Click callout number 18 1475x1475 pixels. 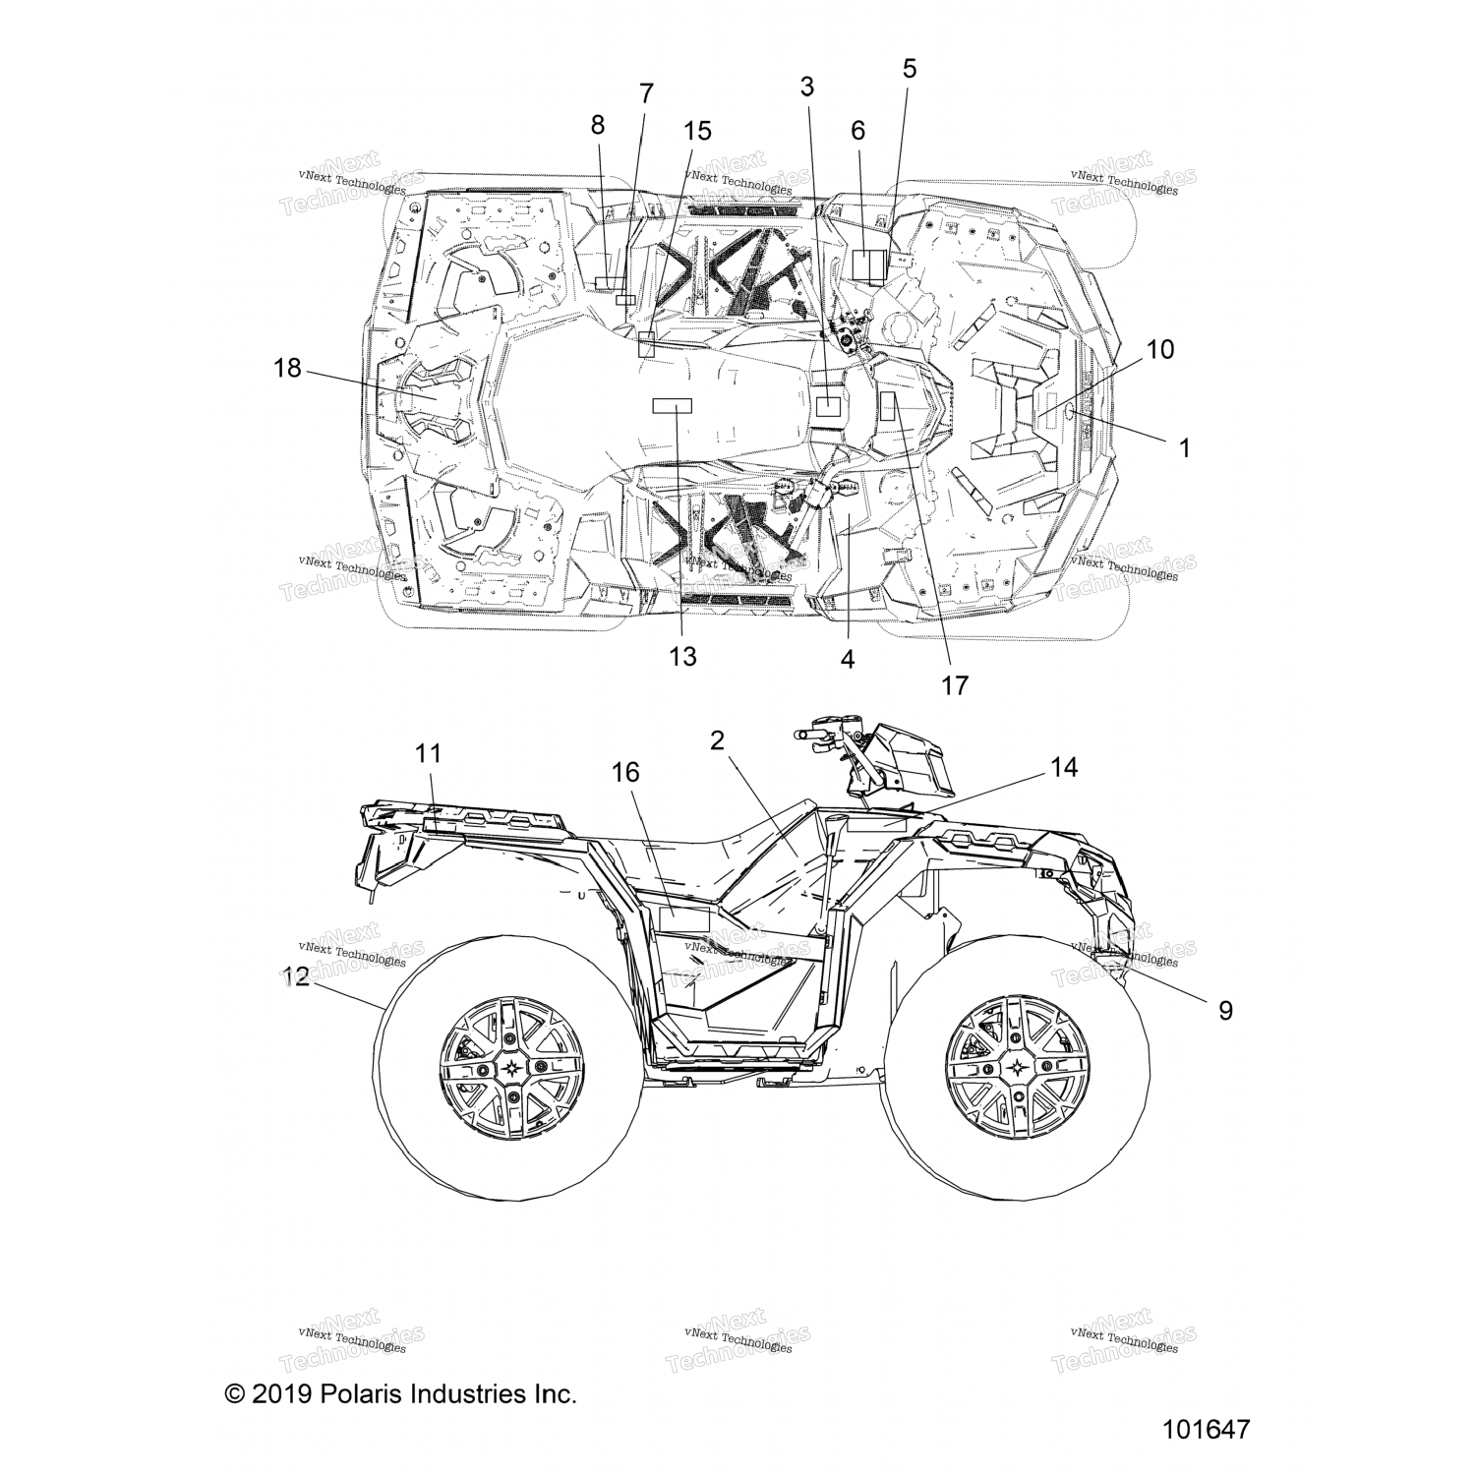pyautogui.click(x=287, y=369)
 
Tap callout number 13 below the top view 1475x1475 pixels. pyautogui.click(x=682, y=656)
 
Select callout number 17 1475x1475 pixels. pyautogui.click(x=955, y=685)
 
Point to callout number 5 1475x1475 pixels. pyautogui.click(x=910, y=69)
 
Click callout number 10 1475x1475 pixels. pyautogui.click(x=1160, y=349)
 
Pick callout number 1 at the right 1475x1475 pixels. pyautogui.click(x=1184, y=448)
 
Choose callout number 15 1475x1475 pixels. pyautogui.click(x=697, y=131)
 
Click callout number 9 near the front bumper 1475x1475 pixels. pyautogui.click(x=1225, y=1010)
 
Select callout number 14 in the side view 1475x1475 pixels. pyautogui.click(x=1064, y=767)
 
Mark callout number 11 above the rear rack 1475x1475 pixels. pyautogui.click(x=428, y=753)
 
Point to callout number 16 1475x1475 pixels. pyautogui.click(x=625, y=773)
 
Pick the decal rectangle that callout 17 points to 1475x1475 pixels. pyautogui.click(x=888, y=406)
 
